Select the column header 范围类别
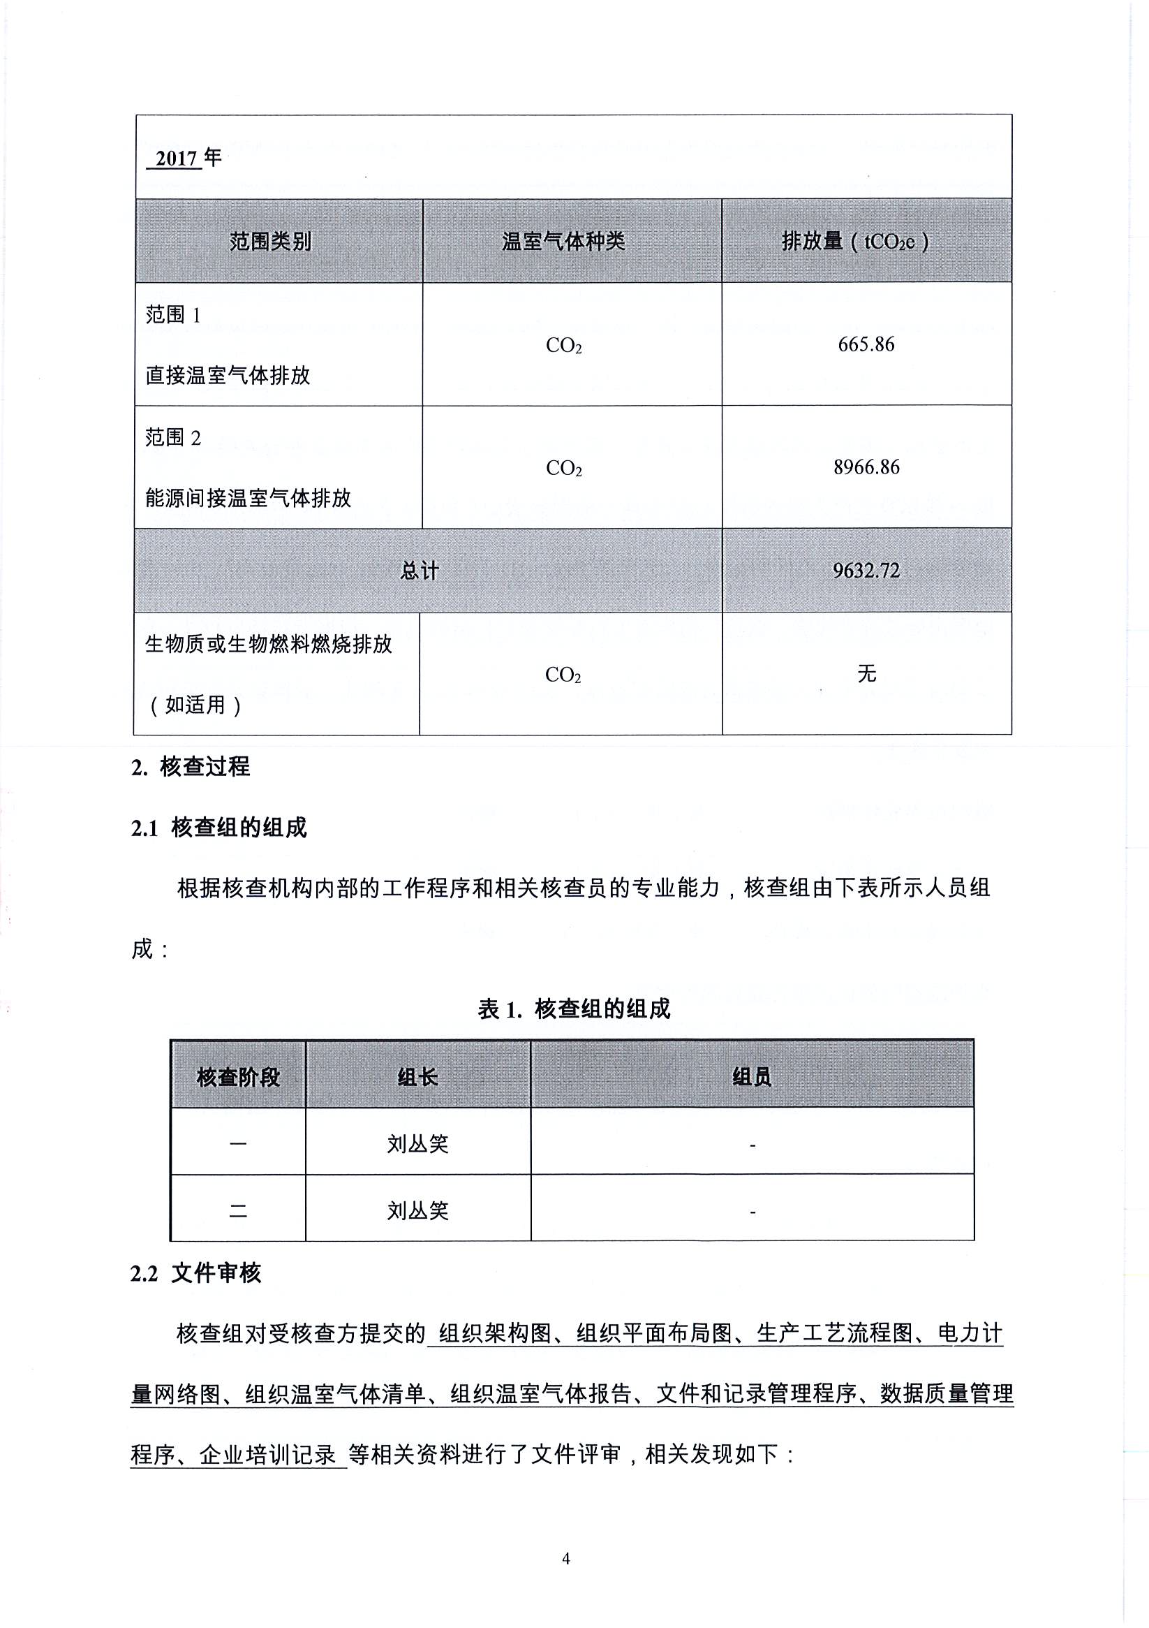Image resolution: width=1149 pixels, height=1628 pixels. [270, 242]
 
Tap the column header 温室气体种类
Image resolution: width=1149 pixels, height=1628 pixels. [563, 242]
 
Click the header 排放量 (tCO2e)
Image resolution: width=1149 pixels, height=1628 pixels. [855, 242]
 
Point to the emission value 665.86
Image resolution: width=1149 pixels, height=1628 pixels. [866, 344]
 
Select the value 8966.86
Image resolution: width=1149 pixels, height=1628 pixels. [866, 467]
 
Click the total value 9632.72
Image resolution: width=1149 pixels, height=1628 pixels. [866, 571]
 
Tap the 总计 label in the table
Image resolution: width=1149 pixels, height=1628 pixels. [420, 571]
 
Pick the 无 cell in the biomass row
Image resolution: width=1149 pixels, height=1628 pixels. [866, 673]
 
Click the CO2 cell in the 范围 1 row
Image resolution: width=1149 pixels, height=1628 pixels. [563, 346]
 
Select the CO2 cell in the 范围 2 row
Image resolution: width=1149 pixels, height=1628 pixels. [563, 469]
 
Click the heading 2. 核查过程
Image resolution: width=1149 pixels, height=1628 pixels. [191, 766]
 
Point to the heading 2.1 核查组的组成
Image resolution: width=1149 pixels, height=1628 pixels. [218, 828]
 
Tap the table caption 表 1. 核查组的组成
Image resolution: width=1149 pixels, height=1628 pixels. [573, 1009]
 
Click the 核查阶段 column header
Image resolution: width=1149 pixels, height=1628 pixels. [238, 1078]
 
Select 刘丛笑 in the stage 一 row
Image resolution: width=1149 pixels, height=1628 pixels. [417, 1144]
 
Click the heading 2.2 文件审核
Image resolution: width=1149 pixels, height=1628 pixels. [195, 1273]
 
